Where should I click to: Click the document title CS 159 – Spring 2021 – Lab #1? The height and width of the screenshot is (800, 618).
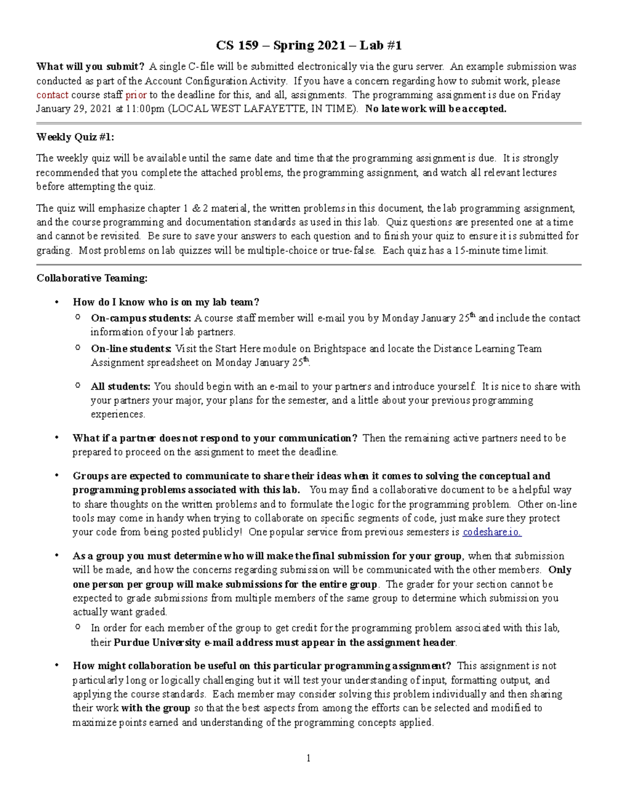click(x=308, y=46)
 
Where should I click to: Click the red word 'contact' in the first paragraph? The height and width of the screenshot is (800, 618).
click(x=52, y=95)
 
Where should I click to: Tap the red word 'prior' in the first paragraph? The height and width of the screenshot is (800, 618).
click(x=136, y=95)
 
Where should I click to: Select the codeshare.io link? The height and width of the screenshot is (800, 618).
click(x=492, y=532)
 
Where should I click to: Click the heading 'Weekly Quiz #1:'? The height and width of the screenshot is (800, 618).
click(x=75, y=137)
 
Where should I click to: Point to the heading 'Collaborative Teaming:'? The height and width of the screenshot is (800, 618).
click(x=92, y=278)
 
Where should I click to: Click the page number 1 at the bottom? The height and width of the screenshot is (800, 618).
click(x=308, y=758)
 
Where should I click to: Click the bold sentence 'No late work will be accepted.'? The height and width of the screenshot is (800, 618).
click(x=436, y=109)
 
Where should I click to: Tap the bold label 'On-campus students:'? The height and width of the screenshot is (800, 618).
click(x=141, y=318)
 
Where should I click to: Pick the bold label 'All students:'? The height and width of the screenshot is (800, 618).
click(x=121, y=386)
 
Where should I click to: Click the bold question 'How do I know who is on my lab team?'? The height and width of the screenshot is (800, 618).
click(x=166, y=302)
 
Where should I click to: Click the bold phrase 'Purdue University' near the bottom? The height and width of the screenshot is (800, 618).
click(x=157, y=642)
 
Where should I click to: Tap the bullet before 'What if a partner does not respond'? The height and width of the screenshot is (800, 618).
click(x=57, y=438)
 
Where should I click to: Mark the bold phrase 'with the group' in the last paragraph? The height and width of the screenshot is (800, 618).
click(x=155, y=708)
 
